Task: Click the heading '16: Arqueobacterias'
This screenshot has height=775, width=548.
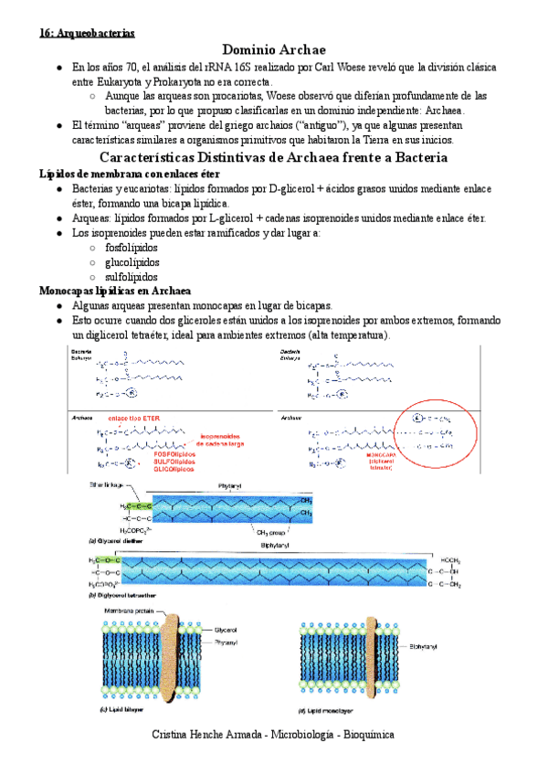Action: coord(87,33)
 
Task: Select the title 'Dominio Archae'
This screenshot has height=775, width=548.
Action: coord(274,49)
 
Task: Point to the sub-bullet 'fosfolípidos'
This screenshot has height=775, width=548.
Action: coord(132,248)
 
